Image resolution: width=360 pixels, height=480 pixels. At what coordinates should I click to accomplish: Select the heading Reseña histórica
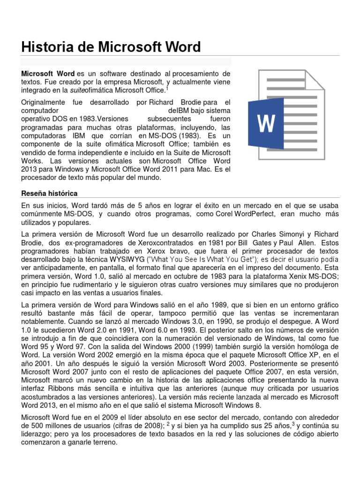point(50,193)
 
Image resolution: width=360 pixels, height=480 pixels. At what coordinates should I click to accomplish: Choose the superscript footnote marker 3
point(293,423)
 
